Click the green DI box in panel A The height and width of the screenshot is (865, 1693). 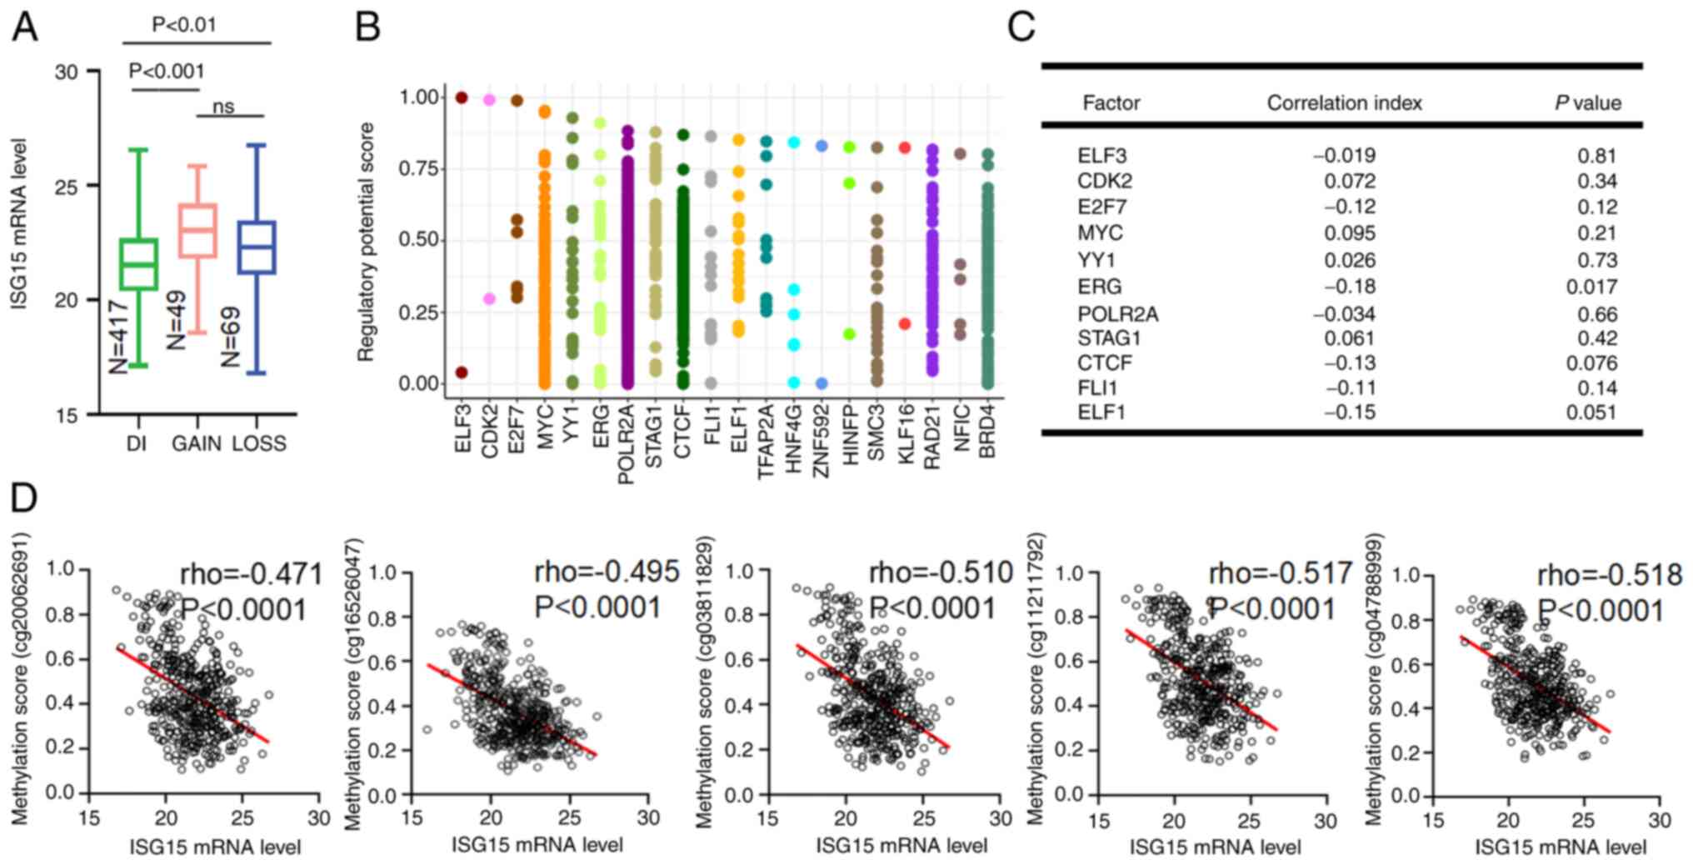[x=138, y=264]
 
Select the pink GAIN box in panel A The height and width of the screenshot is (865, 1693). [x=198, y=230]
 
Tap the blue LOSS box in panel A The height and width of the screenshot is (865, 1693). [x=257, y=247]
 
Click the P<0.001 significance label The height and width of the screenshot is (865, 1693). [x=167, y=72]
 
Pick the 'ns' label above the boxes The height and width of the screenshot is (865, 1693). [x=223, y=107]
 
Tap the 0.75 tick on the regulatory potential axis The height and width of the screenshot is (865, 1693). [x=418, y=169]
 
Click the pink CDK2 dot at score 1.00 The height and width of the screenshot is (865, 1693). [x=490, y=100]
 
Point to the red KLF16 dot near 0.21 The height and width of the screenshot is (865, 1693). [x=905, y=323]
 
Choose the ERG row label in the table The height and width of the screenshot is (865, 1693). [x=1099, y=287]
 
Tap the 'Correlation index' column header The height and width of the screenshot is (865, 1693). [x=1344, y=103]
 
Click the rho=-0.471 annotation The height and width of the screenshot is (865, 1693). [x=251, y=573]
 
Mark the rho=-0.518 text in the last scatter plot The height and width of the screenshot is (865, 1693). [x=1609, y=575]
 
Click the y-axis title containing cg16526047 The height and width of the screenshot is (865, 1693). [x=353, y=684]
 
